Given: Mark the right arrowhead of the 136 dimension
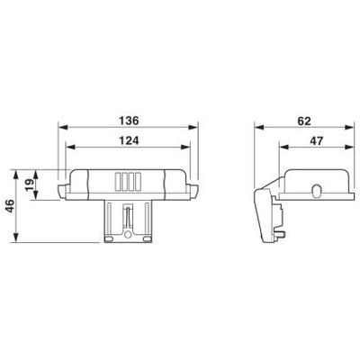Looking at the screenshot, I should (193, 127).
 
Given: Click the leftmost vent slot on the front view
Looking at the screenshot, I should (117, 181).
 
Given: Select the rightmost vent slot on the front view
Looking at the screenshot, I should (137, 181).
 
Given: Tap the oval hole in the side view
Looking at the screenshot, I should (316, 190).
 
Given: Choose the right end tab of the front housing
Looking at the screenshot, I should (192, 189).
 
